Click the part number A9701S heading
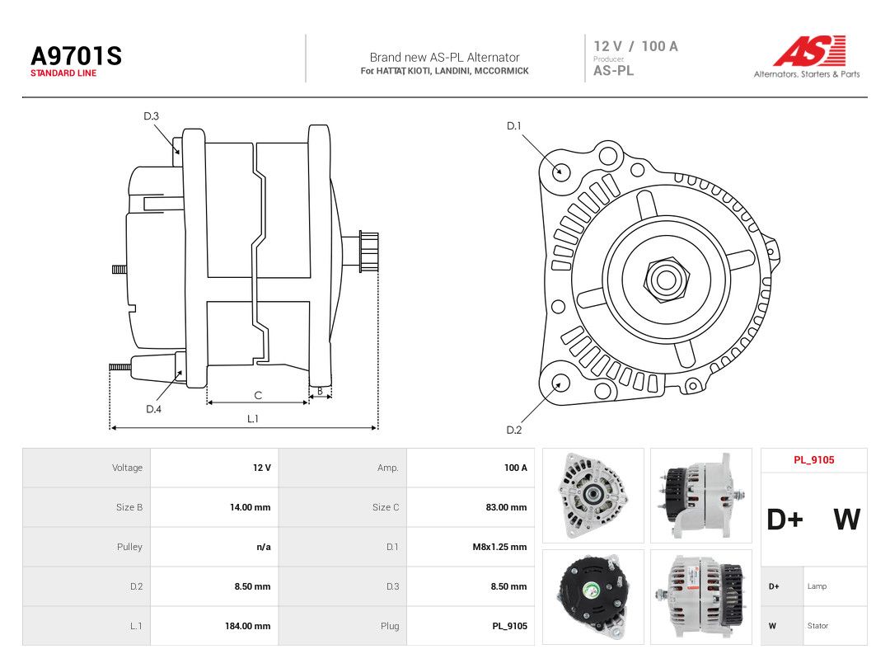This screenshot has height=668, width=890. click(76, 56)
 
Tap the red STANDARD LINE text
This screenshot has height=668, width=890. click(63, 73)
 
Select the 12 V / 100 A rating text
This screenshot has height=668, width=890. click(635, 46)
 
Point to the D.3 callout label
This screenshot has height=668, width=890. click(151, 116)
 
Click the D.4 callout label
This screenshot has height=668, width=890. click(153, 409)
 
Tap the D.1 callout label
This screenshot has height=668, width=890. click(513, 125)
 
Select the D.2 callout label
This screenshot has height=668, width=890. click(513, 430)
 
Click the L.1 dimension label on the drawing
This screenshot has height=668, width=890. click(253, 419)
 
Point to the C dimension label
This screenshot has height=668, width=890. click(258, 395)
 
